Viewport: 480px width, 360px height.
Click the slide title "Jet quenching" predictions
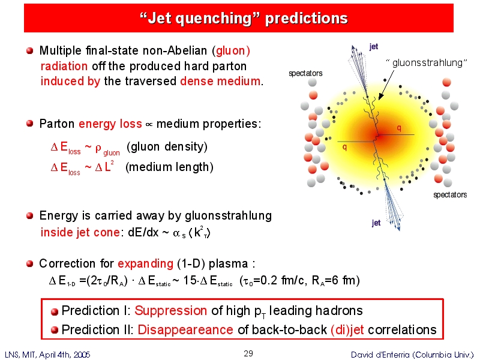pos(244,19)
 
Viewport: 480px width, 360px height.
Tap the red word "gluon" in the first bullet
pos(230,51)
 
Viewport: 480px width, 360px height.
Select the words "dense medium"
pos(220,81)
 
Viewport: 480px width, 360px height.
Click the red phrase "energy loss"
pos(110,124)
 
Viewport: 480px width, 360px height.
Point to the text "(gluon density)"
pos(167,146)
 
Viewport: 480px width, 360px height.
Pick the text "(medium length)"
pos(169,167)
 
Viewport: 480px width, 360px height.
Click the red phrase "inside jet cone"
pos(80,232)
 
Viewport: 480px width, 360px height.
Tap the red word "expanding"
pos(145,263)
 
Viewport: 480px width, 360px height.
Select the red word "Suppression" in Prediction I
pos(170,311)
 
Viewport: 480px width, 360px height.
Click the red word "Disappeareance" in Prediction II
pos(185,329)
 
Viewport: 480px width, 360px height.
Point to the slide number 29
pos(248,353)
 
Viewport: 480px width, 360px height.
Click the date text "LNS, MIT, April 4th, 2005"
pos(47,355)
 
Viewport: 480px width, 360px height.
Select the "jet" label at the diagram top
pos(374,47)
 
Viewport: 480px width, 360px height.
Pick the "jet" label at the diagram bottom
pos(376,223)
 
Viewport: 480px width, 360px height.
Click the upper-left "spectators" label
pos(305,73)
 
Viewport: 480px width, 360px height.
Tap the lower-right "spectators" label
pos(450,194)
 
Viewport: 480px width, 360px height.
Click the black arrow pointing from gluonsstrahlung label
pos(386,85)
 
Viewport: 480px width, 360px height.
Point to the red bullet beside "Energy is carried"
pos(29,216)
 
